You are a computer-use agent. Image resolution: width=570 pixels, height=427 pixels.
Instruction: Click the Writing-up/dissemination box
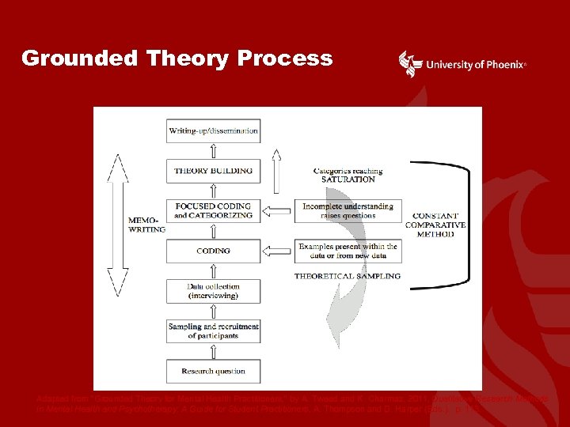(213, 130)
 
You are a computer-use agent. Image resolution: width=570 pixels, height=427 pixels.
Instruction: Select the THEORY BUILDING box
(213, 170)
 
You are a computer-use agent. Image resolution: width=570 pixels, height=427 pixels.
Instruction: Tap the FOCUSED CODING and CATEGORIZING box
(213, 210)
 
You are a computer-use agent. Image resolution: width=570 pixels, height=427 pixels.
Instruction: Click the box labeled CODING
(213, 251)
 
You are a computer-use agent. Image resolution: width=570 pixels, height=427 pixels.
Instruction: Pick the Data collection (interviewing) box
(213, 291)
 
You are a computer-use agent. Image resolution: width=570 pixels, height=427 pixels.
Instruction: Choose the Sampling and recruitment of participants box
(213, 331)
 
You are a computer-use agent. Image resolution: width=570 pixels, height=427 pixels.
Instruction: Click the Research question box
(213, 371)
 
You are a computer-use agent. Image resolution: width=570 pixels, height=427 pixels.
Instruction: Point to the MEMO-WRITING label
(146, 224)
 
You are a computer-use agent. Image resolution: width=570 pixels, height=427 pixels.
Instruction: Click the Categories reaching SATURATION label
(348, 175)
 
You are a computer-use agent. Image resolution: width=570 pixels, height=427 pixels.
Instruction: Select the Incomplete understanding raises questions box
(348, 210)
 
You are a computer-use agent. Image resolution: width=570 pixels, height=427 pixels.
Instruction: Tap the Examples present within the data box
(348, 251)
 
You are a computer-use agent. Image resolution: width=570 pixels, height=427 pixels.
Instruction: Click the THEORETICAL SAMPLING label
(348, 276)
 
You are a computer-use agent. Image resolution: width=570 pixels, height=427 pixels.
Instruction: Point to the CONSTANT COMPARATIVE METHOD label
(435, 225)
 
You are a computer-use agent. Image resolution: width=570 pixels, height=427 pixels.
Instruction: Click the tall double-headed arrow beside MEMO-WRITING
(118, 225)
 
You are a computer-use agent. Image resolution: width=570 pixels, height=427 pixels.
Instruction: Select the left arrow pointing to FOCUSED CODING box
(276, 210)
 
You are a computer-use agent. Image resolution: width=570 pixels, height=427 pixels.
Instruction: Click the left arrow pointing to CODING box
(276, 251)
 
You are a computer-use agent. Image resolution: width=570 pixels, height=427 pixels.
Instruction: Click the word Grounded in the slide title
(70, 59)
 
